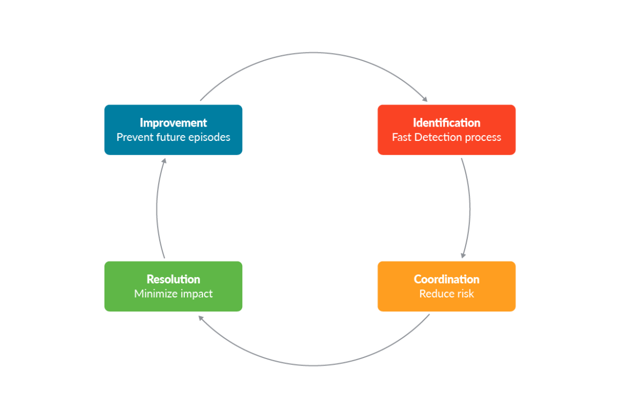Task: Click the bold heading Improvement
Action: coord(173,123)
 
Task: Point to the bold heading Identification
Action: coord(446,123)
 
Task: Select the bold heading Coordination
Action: coord(446,279)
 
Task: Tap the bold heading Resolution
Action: coord(173,279)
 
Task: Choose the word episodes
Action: coord(209,137)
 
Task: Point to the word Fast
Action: coord(401,137)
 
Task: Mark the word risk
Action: coord(464,294)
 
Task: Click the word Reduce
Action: coord(435,294)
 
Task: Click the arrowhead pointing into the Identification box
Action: coord(425,99)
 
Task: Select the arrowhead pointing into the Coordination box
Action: coord(463,255)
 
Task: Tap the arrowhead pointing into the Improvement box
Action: coord(164,161)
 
